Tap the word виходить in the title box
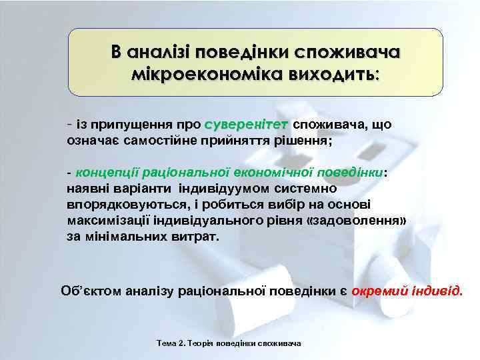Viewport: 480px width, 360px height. tap(335, 72)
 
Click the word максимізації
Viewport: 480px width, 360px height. tap(107, 221)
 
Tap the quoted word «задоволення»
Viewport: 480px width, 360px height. tap(355, 221)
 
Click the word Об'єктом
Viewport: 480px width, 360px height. tap(87, 291)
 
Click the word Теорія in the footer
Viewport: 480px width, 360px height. tap(196, 343)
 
